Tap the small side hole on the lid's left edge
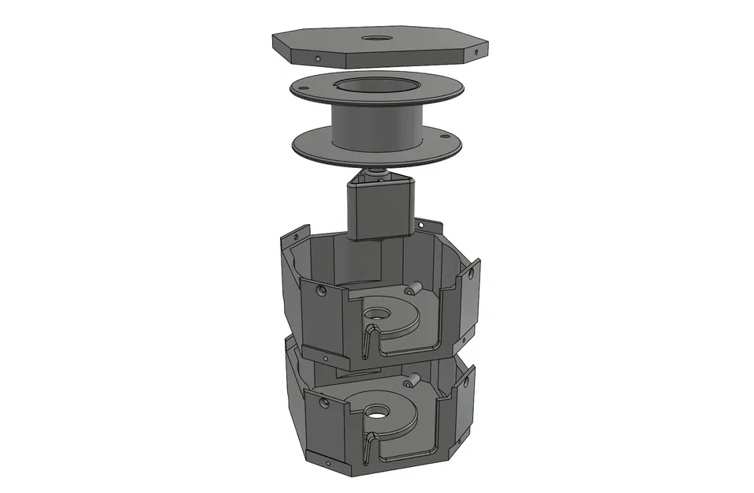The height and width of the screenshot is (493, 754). tap(318, 58)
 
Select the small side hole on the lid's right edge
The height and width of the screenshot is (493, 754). tap(476, 52)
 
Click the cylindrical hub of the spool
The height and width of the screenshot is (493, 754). tap(375, 126)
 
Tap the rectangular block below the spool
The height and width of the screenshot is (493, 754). tap(380, 209)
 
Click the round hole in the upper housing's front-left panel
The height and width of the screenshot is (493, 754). tap(321, 290)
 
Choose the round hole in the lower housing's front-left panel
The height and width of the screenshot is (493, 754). tap(322, 402)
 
